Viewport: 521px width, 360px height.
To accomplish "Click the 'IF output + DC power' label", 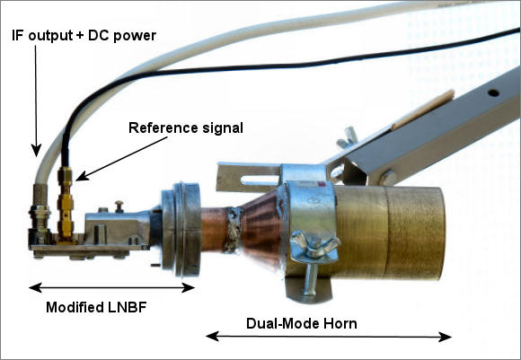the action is point(84,36).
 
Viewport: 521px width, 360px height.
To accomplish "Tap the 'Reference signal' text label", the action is point(186,127).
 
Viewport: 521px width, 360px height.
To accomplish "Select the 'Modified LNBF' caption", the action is point(96,307).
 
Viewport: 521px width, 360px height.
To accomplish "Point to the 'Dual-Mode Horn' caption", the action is point(301,323).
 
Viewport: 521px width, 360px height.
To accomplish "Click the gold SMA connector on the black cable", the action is point(65,203).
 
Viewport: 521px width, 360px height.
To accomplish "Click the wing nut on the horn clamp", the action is point(314,246).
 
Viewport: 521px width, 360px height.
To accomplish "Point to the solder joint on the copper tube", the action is point(233,229).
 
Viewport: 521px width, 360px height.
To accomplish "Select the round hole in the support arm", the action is point(493,92).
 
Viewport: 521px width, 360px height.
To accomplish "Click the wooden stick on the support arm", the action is point(423,110).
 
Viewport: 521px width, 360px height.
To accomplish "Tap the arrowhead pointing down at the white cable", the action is point(36,151).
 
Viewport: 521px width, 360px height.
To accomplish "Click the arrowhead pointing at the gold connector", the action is point(83,176).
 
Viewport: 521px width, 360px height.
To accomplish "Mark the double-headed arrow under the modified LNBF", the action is point(111,287).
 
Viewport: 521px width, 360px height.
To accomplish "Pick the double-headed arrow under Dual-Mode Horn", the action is point(328,337).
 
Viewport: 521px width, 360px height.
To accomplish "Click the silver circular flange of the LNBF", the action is point(181,229).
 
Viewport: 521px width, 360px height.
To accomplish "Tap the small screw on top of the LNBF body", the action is point(119,206).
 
